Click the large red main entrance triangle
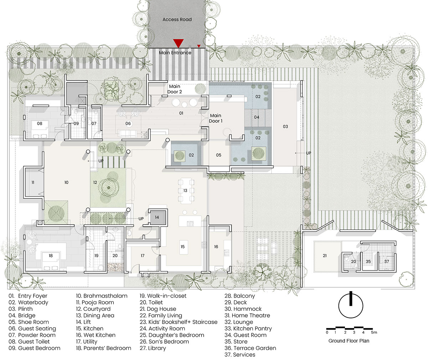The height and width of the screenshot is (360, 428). click(x=178, y=43)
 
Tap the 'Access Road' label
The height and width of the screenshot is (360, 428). click(x=177, y=20)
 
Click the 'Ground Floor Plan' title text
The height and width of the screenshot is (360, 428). click(x=349, y=341)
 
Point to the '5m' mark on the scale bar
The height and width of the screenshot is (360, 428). click(x=374, y=332)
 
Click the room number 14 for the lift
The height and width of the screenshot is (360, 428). click(x=157, y=217)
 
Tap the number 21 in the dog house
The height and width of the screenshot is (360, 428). click(x=325, y=256)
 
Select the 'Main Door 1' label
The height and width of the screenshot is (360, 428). click(x=215, y=118)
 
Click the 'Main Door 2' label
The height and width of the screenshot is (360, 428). click(x=174, y=89)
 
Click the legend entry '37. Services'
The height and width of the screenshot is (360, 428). click(x=240, y=355)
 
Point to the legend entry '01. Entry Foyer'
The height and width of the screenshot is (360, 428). click(x=28, y=296)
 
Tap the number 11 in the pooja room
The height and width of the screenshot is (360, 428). click(x=33, y=182)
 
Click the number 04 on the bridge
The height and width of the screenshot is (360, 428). click(x=257, y=117)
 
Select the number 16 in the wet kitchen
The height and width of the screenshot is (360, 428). click(x=216, y=247)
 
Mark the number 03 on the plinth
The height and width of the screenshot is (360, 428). click(x=285, y=127)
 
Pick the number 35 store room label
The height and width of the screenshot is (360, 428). click(x=368, y=262)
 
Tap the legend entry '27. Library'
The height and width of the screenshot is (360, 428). click(x=153, y=348)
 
